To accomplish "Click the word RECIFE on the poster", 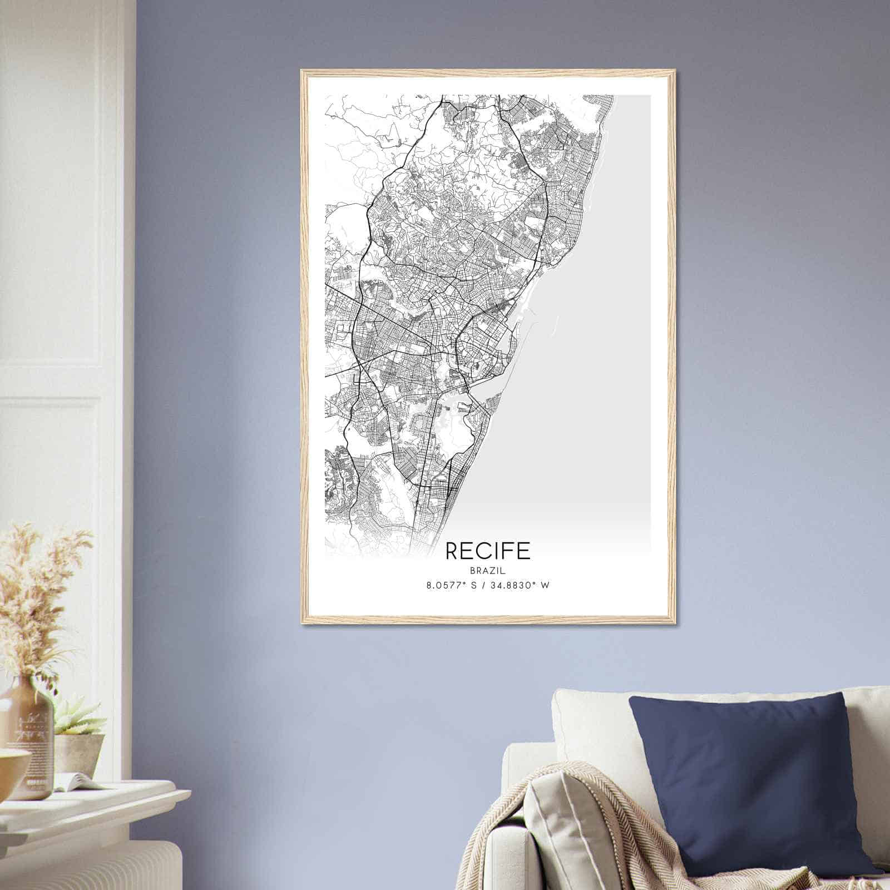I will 488,551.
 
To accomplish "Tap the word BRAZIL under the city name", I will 488,570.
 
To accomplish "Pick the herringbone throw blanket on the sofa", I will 601,834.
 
